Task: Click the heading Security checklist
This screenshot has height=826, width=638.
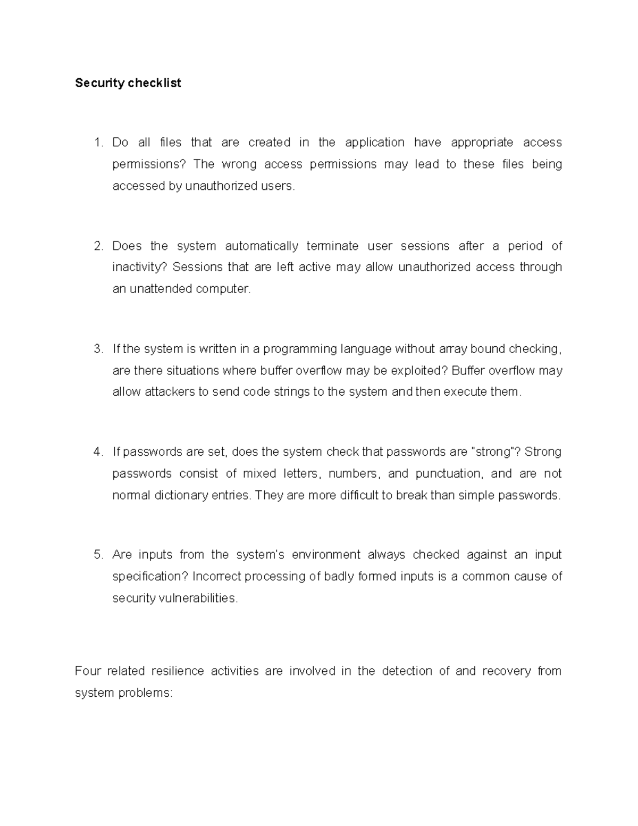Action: (x=128, y=83)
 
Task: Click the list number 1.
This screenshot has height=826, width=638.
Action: (x=97, y=143)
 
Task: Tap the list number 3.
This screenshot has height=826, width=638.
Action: (x=97, y=349)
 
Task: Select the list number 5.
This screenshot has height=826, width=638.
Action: (x=97, y=555)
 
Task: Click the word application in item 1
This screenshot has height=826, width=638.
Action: (x=374, y=143)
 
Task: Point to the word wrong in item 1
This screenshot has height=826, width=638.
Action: (x=239, y=164)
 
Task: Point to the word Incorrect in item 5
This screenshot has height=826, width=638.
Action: (x=217, y=577)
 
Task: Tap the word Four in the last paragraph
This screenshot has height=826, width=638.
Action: (x=88, y=671)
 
